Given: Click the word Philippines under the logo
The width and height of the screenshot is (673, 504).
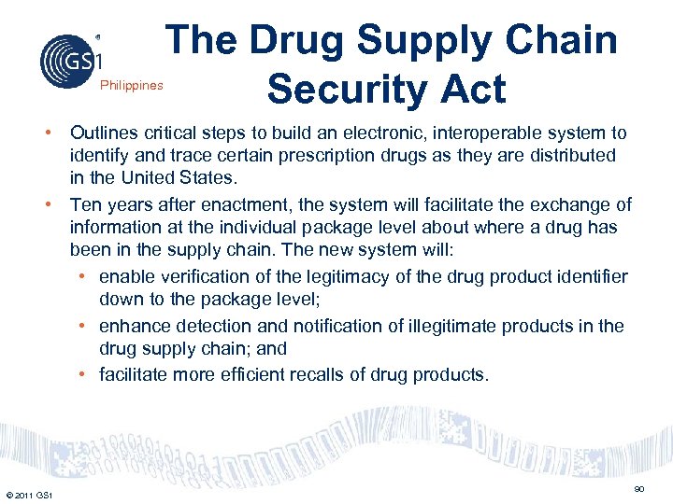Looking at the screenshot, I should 132,86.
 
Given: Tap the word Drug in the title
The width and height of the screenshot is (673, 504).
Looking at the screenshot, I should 298,40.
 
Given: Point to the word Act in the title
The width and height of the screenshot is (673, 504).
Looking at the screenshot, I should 471,89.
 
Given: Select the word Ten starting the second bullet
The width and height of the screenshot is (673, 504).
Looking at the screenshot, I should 85,204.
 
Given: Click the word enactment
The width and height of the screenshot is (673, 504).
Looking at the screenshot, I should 214,204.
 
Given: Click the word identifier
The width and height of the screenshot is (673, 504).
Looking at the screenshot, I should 591,277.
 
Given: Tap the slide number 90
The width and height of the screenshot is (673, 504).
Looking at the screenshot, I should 639,489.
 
